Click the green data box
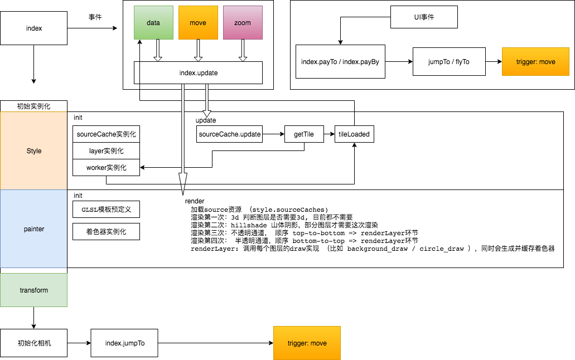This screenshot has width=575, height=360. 153,23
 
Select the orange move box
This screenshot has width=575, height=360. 198,23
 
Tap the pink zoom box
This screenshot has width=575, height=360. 243,23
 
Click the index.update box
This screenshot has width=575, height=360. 198,73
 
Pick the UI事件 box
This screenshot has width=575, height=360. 424,17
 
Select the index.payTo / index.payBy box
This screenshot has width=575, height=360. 340,61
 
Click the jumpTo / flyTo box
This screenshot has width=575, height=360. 449,61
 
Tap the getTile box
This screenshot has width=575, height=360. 304,134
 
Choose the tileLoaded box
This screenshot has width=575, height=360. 354,134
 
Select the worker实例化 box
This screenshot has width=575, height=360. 106,168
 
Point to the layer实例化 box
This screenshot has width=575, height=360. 106,151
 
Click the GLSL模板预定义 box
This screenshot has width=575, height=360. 106,209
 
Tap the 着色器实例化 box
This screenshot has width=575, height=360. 106,231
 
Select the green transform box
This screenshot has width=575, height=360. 33,290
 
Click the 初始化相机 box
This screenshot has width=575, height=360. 33,343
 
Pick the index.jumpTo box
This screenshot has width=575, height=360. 124,343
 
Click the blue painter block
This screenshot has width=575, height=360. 33,228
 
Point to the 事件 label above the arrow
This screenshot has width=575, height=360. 95,17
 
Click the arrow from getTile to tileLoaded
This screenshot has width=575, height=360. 329,134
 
